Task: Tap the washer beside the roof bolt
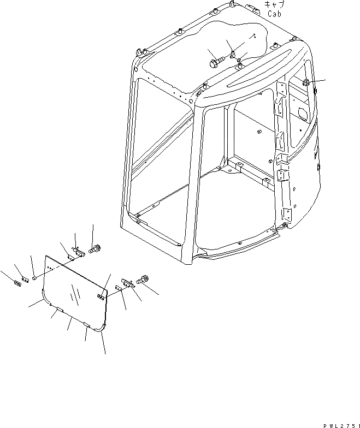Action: (233, 53)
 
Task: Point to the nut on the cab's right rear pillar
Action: (306, 82)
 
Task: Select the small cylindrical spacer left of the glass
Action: (33, 278)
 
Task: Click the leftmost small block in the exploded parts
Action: (15, 282)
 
